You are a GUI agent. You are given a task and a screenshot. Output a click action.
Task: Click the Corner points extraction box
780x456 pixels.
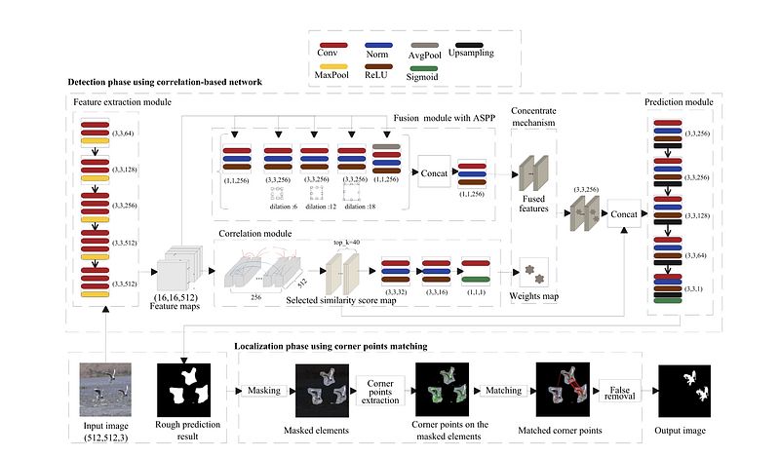(x=380, y=391)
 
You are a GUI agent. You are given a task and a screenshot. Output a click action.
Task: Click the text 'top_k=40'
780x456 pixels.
(x=339, y=241)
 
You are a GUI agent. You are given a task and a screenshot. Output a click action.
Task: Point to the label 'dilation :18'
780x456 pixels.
(x=360, y=207)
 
